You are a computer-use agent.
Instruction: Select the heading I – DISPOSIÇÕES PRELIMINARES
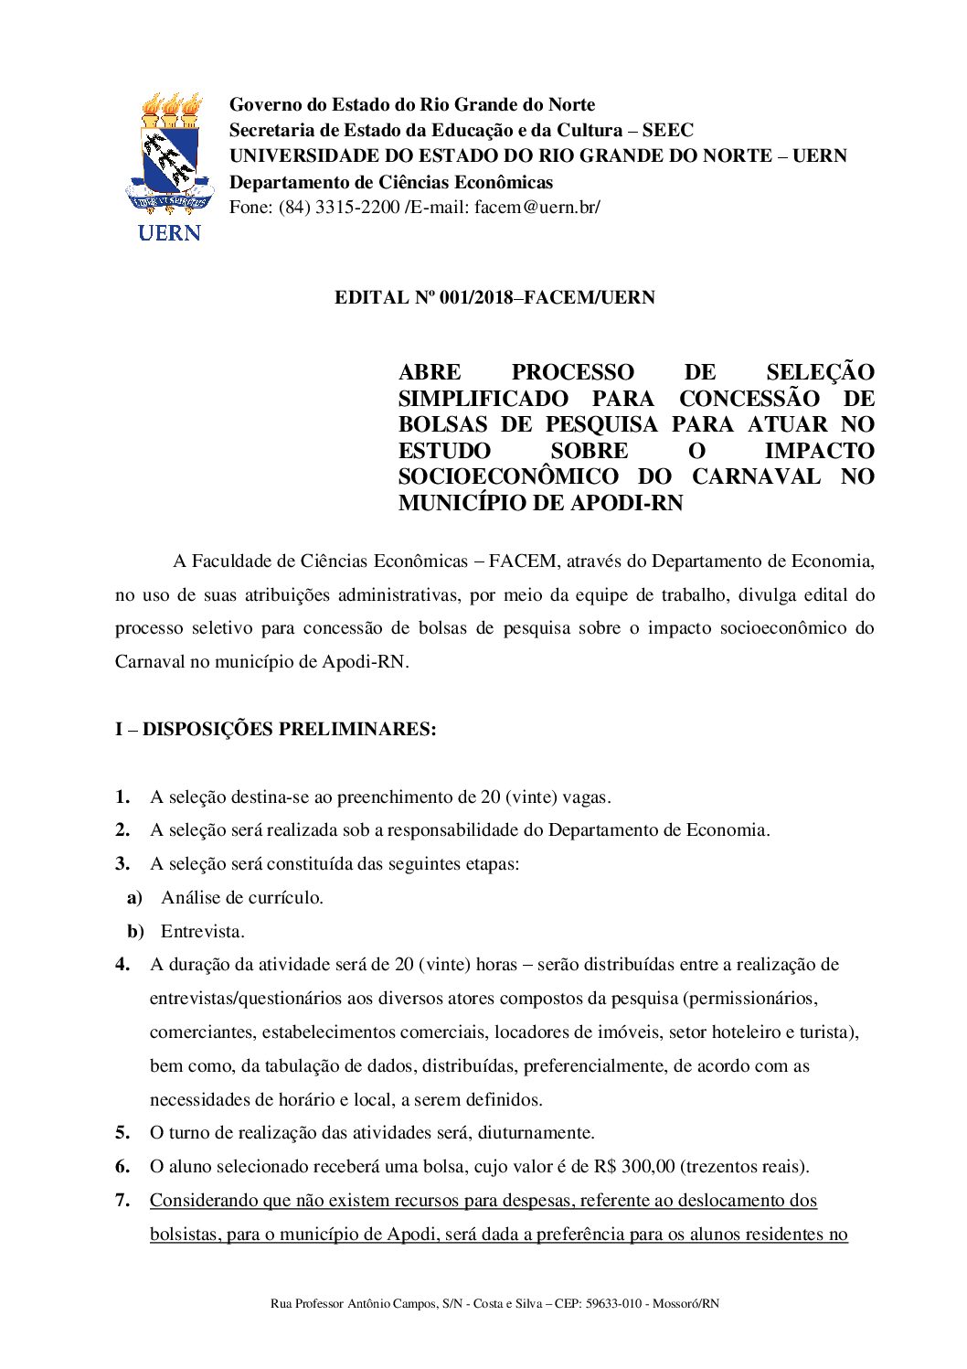click(275, 729)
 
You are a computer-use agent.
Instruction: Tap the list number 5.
click(122, 1133)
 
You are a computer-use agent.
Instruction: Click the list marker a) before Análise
click(135, 898)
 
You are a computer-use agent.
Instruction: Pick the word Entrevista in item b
click(203, 932)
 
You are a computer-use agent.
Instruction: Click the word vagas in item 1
click(585, 797)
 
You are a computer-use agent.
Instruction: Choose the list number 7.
click(122, 1201)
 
